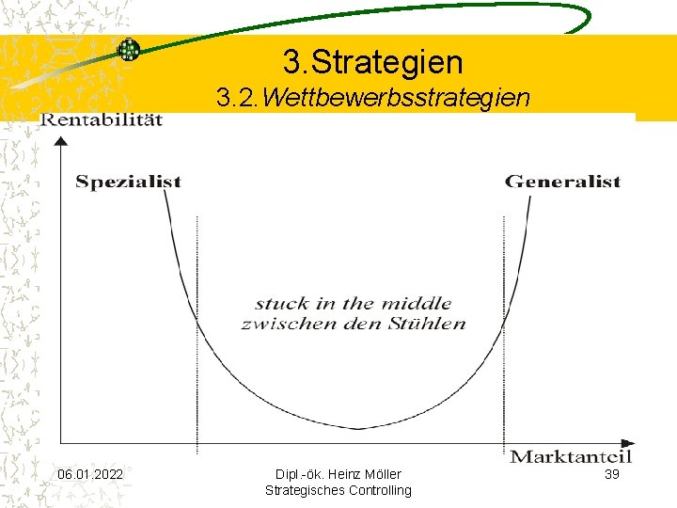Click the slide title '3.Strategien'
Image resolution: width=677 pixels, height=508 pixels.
pos(372,62)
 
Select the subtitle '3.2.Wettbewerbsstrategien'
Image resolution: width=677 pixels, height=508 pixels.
pos(372,98)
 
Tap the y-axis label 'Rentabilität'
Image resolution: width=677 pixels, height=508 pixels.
pos(101,119)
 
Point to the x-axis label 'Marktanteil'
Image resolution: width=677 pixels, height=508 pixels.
pos(571,457)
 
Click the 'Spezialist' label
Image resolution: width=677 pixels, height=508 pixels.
pos(128,182)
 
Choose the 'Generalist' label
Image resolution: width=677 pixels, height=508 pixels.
pos(562,182)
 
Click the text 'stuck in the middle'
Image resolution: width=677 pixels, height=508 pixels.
pos(353,303)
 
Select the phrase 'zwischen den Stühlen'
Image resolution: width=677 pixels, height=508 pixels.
pos(353,323)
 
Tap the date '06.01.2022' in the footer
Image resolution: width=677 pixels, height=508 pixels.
pos(89,474)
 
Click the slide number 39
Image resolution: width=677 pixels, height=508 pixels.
pos(611,474)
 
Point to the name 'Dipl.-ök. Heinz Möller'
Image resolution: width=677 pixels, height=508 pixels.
pos(338,474)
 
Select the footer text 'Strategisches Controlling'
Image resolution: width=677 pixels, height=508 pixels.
pos(338,490)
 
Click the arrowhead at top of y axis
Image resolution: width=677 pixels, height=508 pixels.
pos(61,142)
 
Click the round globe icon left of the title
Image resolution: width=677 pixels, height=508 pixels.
pos(128,50)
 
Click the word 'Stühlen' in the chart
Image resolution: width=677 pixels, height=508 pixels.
pos(430,323)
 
